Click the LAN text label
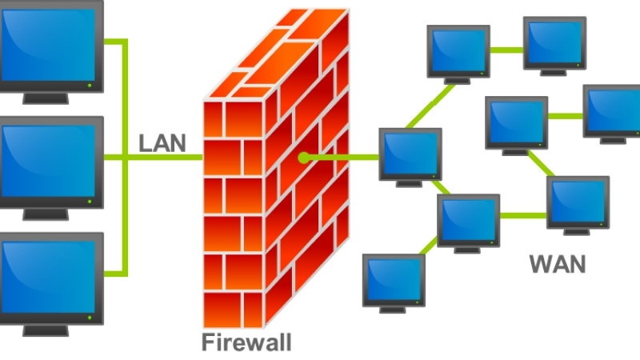point(162,143)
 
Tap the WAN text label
point(557,263)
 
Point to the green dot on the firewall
point(303,158)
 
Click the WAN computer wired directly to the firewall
point(410,154)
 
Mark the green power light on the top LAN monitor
point(90,83)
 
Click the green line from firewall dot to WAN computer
point(344,158)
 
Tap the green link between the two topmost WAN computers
point(506,49)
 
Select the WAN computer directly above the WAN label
point(577,203)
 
